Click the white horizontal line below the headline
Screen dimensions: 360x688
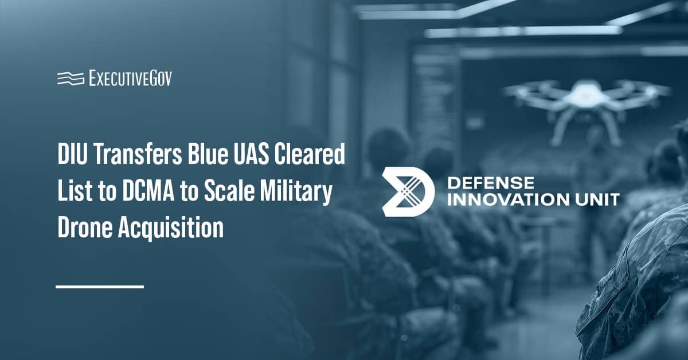[99, 286]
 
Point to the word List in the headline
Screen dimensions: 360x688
[77, 192]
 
